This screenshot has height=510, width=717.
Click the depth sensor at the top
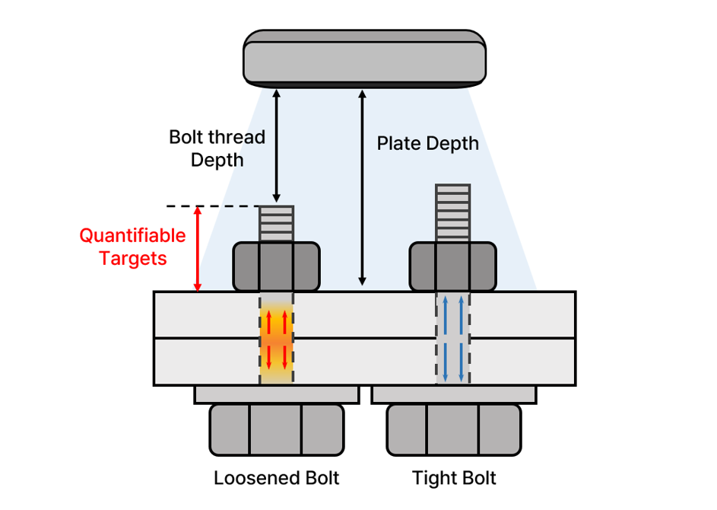(364, 58)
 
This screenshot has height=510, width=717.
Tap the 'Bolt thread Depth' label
(217, 148)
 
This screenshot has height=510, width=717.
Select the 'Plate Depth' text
(428, 143)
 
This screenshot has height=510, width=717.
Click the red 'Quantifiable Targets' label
(132, 247)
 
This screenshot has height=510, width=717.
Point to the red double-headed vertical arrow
(198, 249)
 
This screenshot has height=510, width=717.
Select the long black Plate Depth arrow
(363, 187)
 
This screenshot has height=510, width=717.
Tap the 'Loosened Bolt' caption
(276, 478)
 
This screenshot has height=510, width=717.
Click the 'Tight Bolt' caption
(454, 478)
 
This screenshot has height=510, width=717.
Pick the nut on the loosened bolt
(276, 266)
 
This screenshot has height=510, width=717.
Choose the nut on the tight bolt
(452, 266)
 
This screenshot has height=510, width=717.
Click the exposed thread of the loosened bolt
(276, 224)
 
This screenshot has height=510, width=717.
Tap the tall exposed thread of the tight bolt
(452, 212)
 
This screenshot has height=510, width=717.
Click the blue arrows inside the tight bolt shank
(452, 339)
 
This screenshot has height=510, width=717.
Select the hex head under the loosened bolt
(276, 429)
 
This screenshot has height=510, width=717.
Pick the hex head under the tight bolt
(454, 429)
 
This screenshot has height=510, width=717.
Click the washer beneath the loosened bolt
(276, 394)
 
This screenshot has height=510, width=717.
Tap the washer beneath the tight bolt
(454, 394)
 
